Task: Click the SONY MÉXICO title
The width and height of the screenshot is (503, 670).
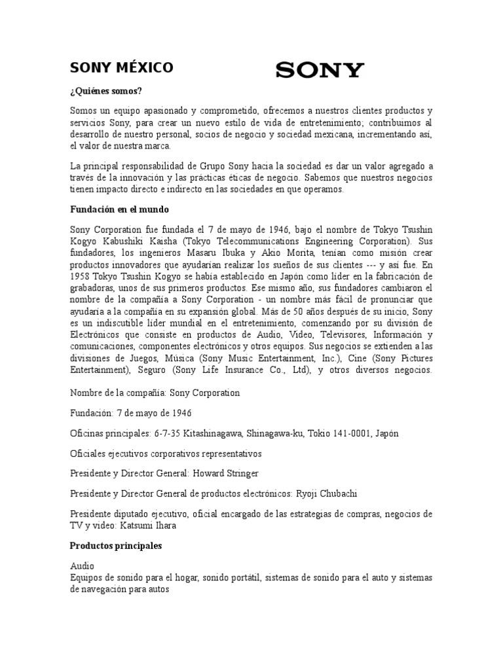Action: tap(122, 67)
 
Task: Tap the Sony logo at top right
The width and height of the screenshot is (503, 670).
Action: tap(320, 69)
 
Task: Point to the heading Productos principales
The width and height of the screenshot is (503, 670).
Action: tap(117, 545)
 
